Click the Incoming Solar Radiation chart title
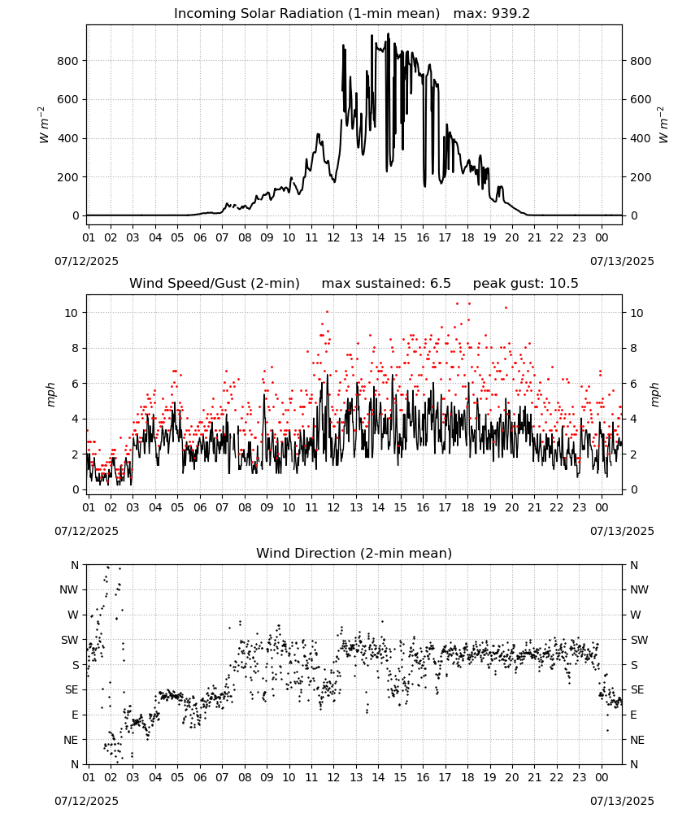tap(306, 14)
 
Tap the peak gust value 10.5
tap(563, 284)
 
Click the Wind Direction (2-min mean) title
tap(354, 553)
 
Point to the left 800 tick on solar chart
tap(68, 61)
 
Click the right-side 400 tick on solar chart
tap(641, 138)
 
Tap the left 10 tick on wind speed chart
tap(72, 313)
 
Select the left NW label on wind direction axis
tap(69, 590)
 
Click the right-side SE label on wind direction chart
tap(637, 689)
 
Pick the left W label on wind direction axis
tap(73, 615)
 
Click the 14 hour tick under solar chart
tap(378, 237)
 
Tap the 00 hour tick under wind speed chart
tap(602, 507)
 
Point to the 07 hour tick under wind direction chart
tap(222, 777)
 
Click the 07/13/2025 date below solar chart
tap(622, 261)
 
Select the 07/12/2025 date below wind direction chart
tap(86, 801)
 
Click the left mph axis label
tap(50, 394)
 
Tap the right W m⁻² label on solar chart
tap(663, 125)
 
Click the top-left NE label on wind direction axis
tap(71, 740)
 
